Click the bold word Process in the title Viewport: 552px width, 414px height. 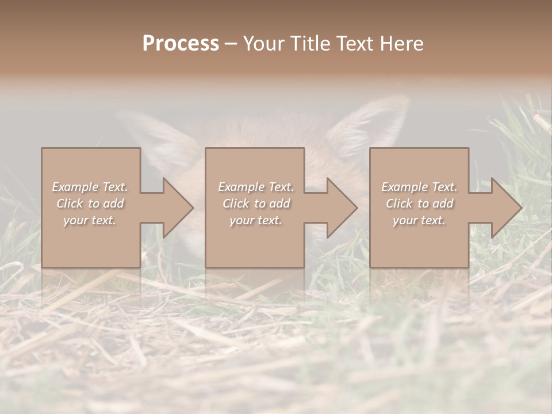[181, 44]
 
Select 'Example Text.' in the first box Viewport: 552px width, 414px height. [90, 187]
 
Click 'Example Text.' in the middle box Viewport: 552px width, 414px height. [256, 187]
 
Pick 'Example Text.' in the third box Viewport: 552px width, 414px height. [419, 187]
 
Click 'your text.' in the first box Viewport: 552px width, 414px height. [90, 220]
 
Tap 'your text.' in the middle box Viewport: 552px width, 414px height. [256, 220]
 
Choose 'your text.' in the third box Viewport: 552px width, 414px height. [419, 220]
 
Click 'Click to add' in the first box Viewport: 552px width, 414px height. [90, 204]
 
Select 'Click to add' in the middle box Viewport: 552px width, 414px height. [256, 204]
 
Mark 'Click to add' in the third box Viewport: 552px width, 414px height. [419, 204]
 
